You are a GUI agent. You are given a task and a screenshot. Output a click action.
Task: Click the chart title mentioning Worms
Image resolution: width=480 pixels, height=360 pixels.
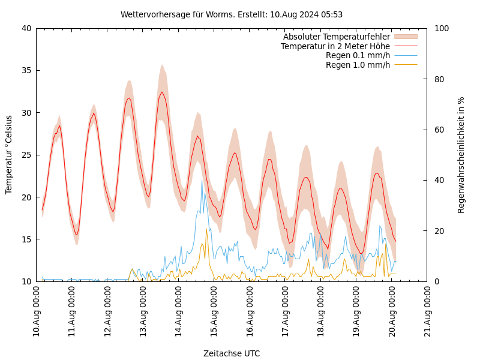click(232, 14)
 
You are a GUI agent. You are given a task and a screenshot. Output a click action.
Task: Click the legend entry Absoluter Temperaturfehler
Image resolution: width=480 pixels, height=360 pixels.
click(337, 37)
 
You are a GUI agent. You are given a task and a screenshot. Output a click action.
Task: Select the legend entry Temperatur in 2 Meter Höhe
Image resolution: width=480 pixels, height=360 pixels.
click(335, 46)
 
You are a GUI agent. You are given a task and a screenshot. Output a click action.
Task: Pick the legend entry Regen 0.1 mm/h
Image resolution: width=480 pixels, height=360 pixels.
click(358, 55)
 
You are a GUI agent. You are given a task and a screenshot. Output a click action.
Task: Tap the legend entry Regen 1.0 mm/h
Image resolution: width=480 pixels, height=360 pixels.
click(358, 65)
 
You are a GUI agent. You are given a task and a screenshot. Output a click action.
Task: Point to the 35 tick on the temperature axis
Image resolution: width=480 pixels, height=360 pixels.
click(26, 70)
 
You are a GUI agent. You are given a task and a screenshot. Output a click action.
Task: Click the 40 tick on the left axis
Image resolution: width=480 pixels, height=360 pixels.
click(26, 28)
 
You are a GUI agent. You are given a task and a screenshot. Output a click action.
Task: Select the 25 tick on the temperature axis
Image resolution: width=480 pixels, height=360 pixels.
click(26, 155)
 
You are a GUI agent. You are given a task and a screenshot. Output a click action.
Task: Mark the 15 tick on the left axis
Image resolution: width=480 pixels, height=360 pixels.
click(26, 239)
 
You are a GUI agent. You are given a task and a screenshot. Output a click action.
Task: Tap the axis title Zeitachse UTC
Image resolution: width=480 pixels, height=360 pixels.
click(232, 353)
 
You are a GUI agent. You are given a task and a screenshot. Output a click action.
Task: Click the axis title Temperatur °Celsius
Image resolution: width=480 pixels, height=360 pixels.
click(9, 155)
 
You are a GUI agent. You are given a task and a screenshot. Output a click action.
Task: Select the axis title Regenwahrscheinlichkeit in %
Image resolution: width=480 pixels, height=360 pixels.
click(461, 155)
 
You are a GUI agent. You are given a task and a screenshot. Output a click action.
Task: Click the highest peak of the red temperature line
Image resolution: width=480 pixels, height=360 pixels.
click(162, 92)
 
